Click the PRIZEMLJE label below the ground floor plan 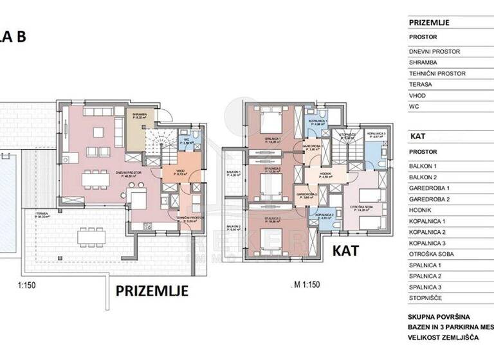tap(151, 291)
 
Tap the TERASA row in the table tap(420, 84)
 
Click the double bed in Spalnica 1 tap(269, 120)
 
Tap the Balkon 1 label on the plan tap(233, 173)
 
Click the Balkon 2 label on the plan tap(233, 227)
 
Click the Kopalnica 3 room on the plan tap(376, 136)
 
